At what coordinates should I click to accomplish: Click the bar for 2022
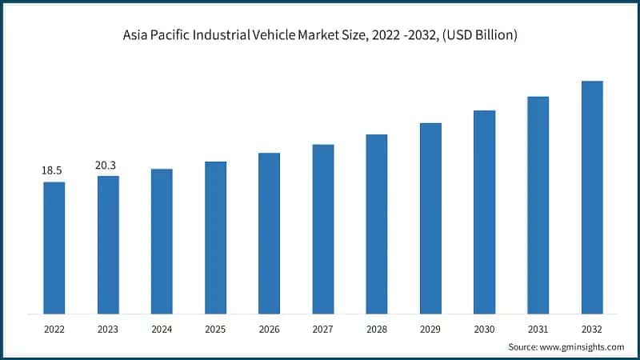tap(54, 247)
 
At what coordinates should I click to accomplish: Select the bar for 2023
tap(108, 244)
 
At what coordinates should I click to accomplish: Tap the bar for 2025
tap(215, 237)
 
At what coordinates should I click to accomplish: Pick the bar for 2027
tap(323, 229)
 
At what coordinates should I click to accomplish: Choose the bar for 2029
tap(430, 218)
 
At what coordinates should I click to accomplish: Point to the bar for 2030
tap(484, 211)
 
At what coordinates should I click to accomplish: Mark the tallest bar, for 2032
tap(592, 197)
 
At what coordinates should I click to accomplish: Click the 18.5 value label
tap(53, 170)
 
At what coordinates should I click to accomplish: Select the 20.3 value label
tap(108, 165)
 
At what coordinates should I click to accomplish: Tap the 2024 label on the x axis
tap(162, 328)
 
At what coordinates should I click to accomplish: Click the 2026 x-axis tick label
tap(269, 328)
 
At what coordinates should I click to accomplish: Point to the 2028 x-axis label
tap(377, 328)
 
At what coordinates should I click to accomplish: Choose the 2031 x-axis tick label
tap(538, 328)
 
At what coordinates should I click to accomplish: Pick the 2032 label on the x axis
tap(592, 328)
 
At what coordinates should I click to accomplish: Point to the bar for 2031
tap(538, 205)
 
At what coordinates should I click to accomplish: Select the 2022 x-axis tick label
tap(54, 328)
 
